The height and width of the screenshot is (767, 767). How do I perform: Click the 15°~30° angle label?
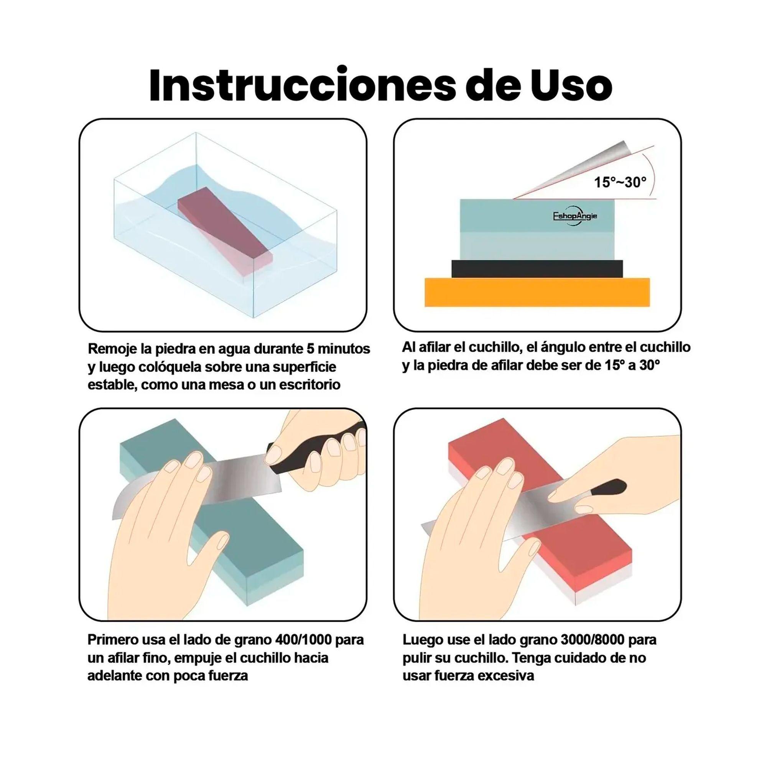[x=620, y=182]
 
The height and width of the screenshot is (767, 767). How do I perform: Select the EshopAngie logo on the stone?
[x=575, y=216]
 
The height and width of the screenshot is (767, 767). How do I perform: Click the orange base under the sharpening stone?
[x=537, y=292]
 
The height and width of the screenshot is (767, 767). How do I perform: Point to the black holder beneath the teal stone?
[x=537, y=269]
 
